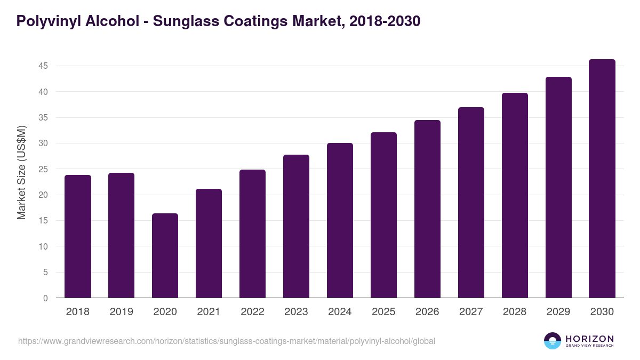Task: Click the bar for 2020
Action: click(x=165, y=256)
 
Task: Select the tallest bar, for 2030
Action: click(x=602, y=179)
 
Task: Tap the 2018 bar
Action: click(x=78, y=236)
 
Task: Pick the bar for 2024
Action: click(x=340, y=220)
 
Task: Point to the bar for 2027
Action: click(x=471, y=203)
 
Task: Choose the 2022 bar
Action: click(x=252, y=234)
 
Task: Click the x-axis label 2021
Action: click(x=209, y=312)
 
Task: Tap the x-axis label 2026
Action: click(x=427, y=312)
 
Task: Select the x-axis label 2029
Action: click(x=558, y=312)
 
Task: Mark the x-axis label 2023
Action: click(x=296, y=312)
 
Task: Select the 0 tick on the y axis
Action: click(x=45, y=298)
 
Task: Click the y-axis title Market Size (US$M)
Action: click(x=21, y=173)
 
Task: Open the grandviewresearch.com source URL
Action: click(x=227, y=341)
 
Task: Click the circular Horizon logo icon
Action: click(x=553, y=341)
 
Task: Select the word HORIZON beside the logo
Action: click(x=589, y=339)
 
